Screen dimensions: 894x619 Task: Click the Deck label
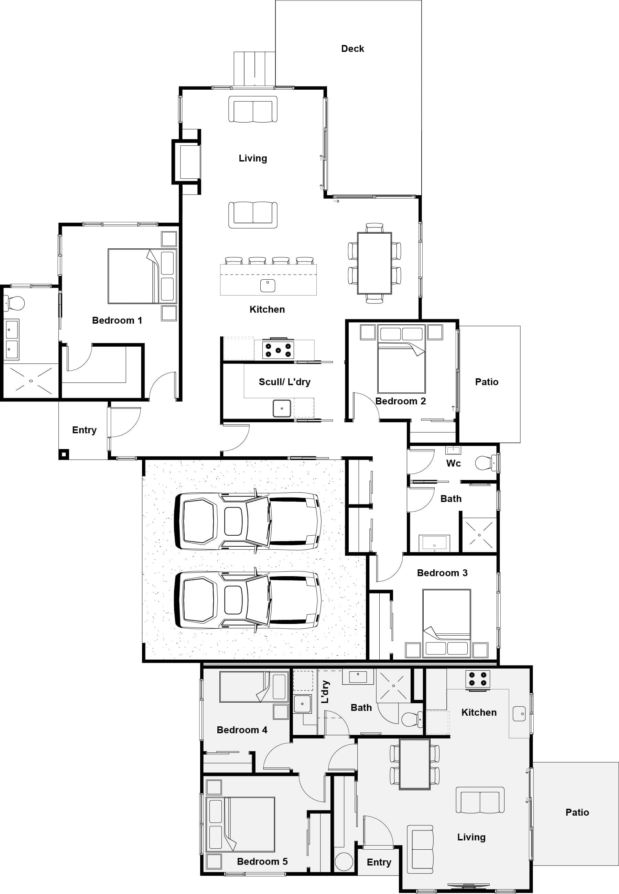[352, 48]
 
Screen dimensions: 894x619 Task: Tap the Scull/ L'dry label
[284, 382]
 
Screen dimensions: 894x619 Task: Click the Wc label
[453, 463]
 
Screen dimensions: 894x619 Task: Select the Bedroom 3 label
[442, 573]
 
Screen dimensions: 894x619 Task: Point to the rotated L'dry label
[325, 692]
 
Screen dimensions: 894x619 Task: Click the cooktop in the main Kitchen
[278, 349]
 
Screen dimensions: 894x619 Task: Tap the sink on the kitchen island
[267, 286]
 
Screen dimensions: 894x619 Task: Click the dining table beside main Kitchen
[374, 263]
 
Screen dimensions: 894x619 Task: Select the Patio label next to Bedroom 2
[486, 382]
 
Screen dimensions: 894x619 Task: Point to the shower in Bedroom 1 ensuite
[31, 381]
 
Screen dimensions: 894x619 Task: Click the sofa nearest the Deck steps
[252, 110]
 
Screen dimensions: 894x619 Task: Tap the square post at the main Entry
[63, 454]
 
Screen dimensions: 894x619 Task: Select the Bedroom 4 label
[242, 730]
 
